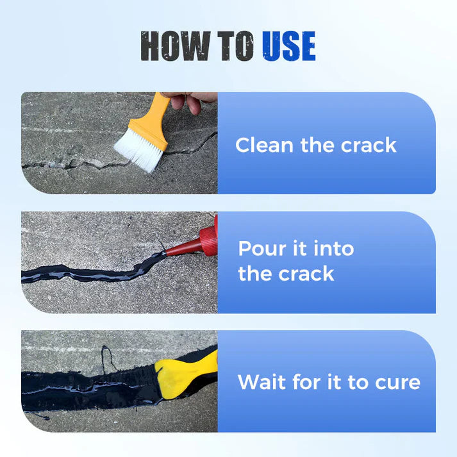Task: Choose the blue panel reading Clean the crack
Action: click(326, 142)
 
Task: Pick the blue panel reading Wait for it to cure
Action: click(326, 381)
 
